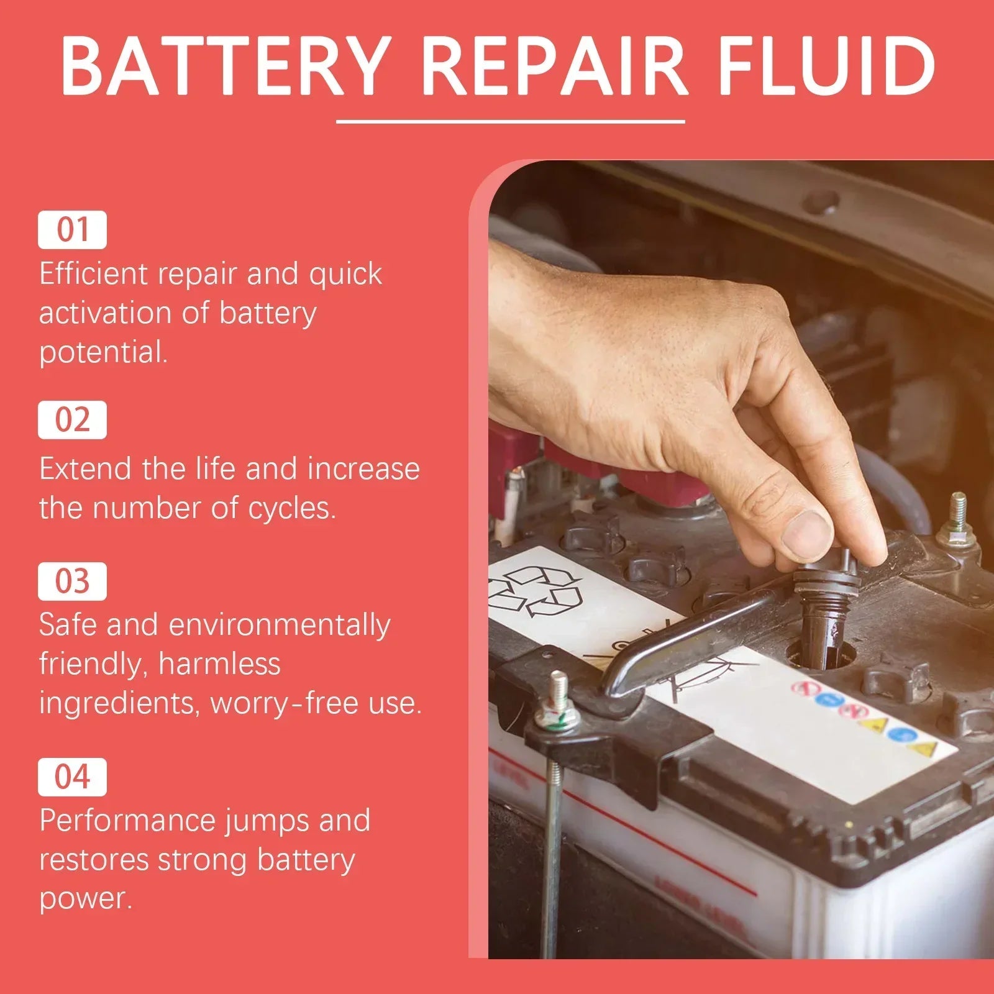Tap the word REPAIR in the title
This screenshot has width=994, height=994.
click(554, 65)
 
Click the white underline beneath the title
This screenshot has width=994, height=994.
click(511, 122)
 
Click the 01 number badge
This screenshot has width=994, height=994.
click(72, 230)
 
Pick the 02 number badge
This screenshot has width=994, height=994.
click(72, 420)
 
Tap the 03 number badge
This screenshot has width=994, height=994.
click(72, 581)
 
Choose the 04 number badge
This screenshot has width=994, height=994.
click(72, 777)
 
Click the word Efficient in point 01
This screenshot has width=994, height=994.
click(93, 273)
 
